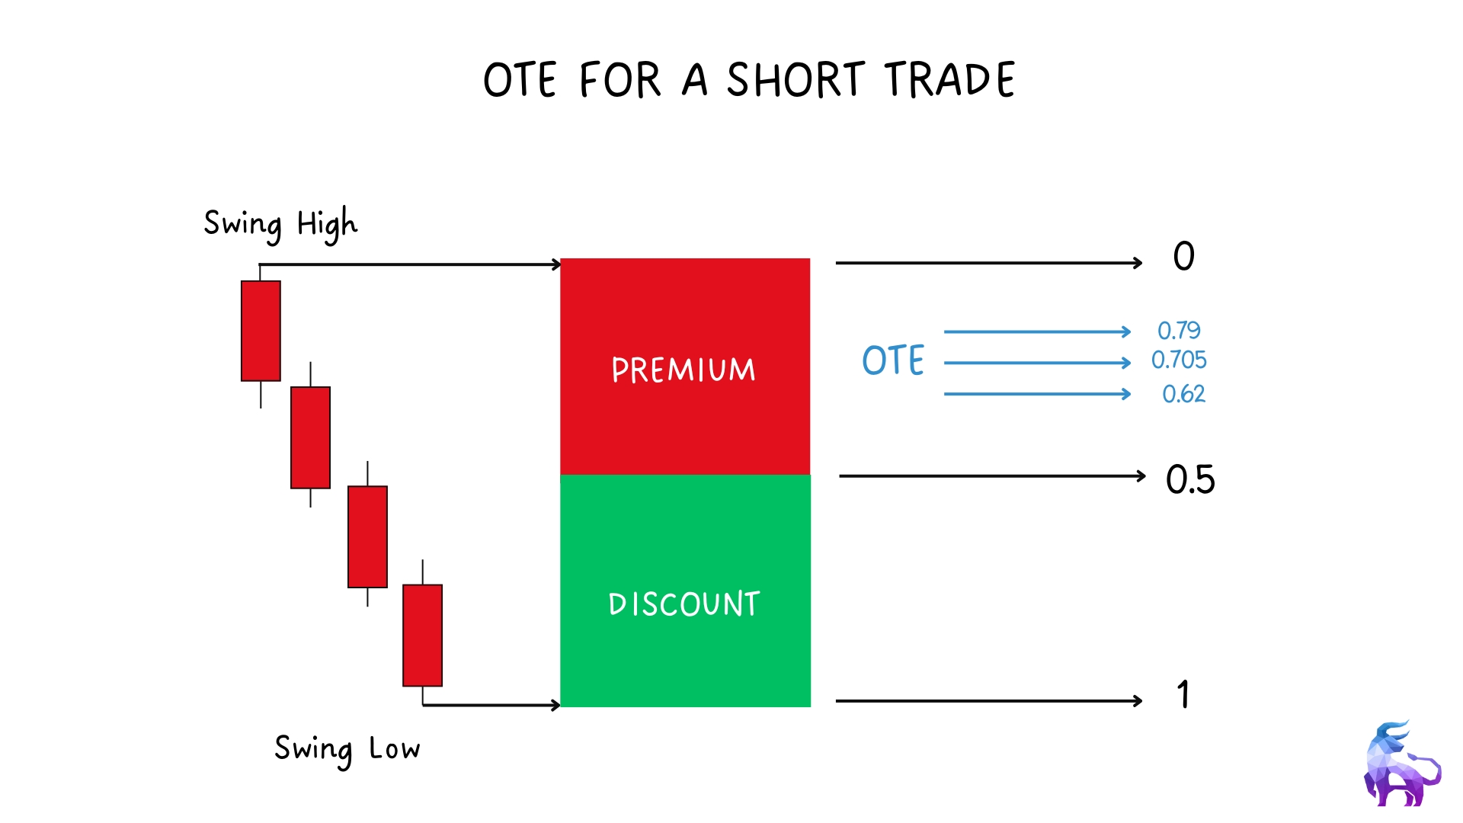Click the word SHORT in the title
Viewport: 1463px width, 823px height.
point(796,80)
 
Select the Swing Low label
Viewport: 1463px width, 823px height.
point(347,750)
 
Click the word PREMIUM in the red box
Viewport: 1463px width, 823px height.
point(683,370)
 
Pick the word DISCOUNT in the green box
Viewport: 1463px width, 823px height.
point(684,604)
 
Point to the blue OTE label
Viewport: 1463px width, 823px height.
point(893,360)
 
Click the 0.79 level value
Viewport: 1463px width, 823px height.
point(1179,331)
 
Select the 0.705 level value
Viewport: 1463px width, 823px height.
point(1179,360)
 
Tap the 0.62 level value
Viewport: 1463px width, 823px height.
point(1183,394)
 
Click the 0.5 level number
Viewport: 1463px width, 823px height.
point(1190,480)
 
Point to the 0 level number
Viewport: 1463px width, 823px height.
point(1184,256)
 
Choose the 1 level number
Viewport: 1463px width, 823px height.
point(1183,694)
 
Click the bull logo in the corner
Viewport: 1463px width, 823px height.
point(1402,764)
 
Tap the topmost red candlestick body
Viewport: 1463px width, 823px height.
point(261,331)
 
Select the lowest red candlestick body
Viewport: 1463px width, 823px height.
point(422,636)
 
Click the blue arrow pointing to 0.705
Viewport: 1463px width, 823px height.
point(1037,363)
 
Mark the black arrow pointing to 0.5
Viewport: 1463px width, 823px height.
point(992,476)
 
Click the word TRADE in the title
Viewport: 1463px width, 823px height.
point(949,80)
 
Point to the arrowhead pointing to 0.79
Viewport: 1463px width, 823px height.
point(1127,331)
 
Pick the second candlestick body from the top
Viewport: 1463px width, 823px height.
point(310,437)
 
